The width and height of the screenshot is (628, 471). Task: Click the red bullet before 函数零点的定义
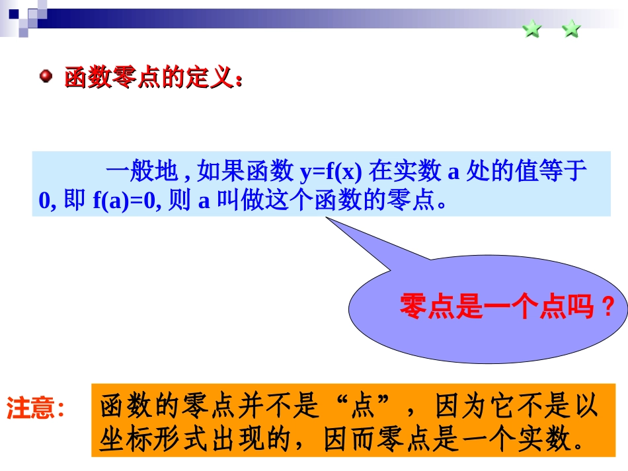click(46, 77)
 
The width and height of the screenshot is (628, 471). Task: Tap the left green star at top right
click(532, 29)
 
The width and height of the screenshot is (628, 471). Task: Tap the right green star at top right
click(571, 29)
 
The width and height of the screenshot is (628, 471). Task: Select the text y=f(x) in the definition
click(331, 172)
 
